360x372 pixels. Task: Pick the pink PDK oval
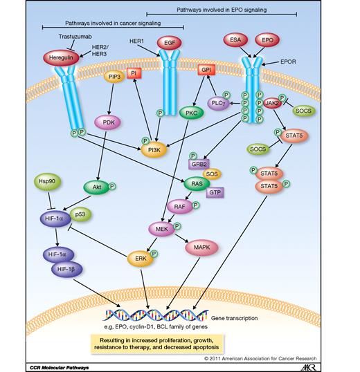[107, 123]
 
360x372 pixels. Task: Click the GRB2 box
[200, 164]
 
